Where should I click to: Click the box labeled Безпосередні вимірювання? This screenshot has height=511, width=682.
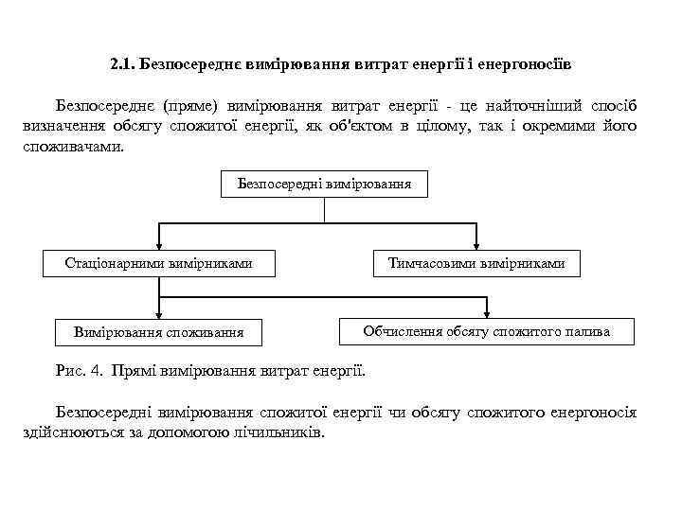[324, 184]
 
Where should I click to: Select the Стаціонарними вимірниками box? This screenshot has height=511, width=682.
[158, 263]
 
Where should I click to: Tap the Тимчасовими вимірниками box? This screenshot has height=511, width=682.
[476, 263]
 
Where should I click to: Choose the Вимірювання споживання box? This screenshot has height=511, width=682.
[158, 331]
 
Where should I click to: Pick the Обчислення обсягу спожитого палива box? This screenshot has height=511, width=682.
[487, 331]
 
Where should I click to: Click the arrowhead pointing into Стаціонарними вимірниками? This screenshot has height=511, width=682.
[158, 245]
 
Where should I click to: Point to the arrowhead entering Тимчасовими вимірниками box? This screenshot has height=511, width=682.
[476, 245]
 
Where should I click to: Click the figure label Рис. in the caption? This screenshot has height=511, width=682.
[74, 368]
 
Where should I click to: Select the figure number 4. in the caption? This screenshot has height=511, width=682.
[100, 368]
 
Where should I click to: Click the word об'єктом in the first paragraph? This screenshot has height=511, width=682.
[349, 127]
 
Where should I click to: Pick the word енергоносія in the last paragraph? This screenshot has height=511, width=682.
[595, 412]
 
